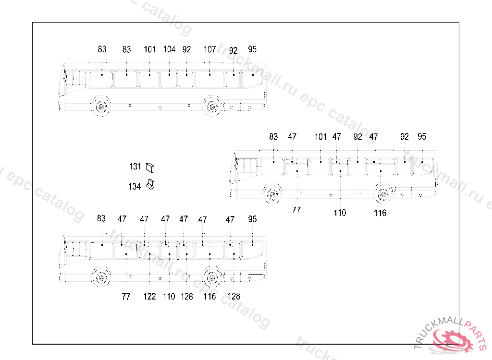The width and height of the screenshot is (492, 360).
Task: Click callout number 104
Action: (169, 49)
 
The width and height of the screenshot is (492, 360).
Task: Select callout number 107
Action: (209, 49)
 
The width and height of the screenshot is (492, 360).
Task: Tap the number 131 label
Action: (135, 167)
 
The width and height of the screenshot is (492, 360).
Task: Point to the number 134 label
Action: (135, 186)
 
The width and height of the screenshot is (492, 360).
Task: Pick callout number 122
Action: (149, 297)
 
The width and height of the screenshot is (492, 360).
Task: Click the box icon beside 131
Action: (150, 167)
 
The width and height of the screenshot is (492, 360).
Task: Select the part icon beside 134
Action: (151, 184)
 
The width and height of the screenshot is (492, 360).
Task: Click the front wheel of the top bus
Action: (101, 107)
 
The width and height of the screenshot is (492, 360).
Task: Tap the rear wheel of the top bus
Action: (211, 107)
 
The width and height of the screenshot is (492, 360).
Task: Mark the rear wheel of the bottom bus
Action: (211, 277)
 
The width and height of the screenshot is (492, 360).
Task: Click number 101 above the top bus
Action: (149, 49)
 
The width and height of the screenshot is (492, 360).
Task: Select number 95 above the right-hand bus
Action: (422, 137)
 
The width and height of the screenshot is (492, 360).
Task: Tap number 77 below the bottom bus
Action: (126, 297)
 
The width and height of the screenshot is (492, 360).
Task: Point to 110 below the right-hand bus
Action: (340, 213)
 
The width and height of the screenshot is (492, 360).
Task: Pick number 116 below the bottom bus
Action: (209, 297)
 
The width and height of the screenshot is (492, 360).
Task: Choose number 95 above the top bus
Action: (252, 49)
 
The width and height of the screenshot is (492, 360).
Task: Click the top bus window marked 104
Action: (169, 79)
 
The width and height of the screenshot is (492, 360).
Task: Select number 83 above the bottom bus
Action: (101, 219)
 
